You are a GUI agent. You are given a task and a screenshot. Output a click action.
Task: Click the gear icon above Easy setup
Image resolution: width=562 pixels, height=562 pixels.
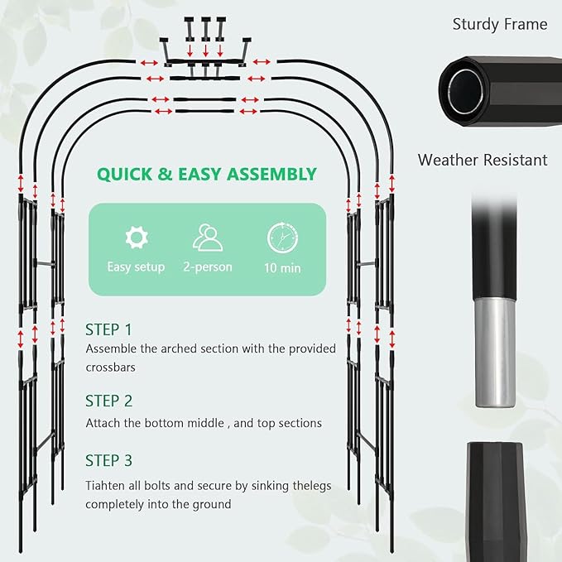tap(137, 238)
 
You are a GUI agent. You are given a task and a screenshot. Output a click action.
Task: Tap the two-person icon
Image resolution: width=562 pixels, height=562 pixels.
tap(208, 237)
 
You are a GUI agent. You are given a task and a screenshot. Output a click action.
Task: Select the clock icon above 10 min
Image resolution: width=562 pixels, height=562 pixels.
tap(282, 238)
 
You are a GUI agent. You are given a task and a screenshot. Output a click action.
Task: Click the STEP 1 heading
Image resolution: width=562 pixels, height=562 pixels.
tap(108, 329)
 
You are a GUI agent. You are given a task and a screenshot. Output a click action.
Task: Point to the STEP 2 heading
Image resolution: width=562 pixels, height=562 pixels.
tap(108, 401)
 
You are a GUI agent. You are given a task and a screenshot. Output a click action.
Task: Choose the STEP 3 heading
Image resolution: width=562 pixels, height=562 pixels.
tap(108, 460)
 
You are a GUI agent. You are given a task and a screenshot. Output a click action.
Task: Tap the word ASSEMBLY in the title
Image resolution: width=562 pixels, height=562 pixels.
tap(271, 174)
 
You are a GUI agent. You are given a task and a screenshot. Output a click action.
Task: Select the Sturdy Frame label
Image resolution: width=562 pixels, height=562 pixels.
tap(500, 24)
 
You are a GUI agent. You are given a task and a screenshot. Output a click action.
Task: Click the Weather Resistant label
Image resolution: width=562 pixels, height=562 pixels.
tap(483, 160)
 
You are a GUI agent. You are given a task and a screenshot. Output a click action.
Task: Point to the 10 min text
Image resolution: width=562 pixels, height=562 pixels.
tap(282, 268)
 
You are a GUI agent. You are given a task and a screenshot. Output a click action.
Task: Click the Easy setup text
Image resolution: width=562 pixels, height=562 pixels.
tap(136, 267)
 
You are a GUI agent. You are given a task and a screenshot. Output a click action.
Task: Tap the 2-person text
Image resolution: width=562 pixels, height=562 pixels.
tap(208, 267)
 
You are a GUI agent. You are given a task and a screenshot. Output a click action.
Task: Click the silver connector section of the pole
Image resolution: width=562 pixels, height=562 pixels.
tap(495, 353)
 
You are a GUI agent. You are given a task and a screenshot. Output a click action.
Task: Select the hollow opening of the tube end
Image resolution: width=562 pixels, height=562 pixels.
tap(466, 91)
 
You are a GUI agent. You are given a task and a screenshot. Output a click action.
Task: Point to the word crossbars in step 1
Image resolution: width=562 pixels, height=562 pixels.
tap(110, 367)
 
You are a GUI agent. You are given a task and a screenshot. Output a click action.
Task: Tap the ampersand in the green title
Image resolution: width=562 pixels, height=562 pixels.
tap(165, 174)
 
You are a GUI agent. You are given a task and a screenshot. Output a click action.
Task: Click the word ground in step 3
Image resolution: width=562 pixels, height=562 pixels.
tap(212, 505)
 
